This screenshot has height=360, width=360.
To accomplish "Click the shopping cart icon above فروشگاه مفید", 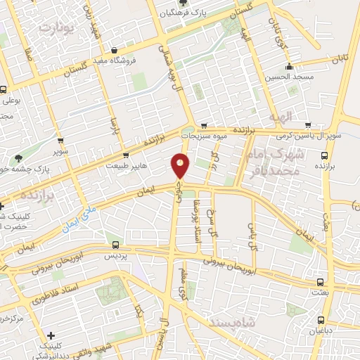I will point(115,50).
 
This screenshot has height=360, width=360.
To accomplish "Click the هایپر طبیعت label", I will point(127,166).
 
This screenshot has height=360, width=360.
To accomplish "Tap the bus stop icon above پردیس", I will point(117,245).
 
